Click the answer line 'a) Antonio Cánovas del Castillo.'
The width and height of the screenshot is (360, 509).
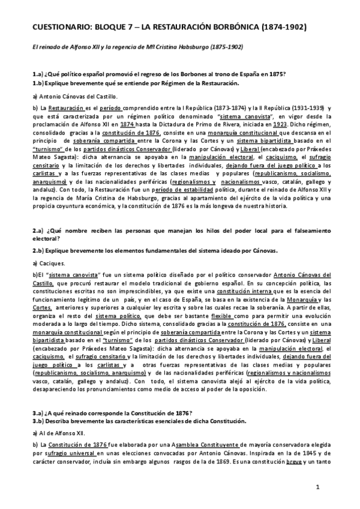[x=76, y=95]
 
